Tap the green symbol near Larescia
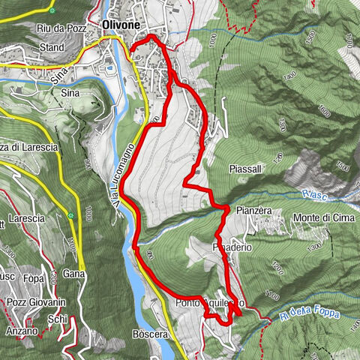point(70,216)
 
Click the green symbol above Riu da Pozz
point(52,12)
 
